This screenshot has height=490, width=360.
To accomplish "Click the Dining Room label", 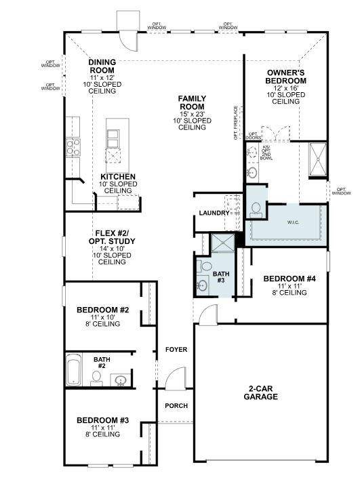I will (x=102, y=66).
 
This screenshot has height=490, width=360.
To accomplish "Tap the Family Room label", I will (x=192, y=102).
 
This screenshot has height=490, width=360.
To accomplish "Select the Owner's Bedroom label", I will (x=285, y=76).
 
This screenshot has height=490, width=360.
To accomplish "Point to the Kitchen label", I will (x=118, y=177).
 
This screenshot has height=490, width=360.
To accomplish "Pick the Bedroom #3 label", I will (x=102, y=420).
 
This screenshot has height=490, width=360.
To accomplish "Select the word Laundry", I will (x=214, y=213).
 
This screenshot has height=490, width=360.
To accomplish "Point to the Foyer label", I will (x=176, y=350).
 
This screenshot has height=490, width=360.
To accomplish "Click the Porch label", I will (x=176, y=406).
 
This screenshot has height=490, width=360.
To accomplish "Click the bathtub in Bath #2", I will (x=76, y=371).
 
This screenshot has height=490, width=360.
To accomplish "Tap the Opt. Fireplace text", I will (x=236, y=123).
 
